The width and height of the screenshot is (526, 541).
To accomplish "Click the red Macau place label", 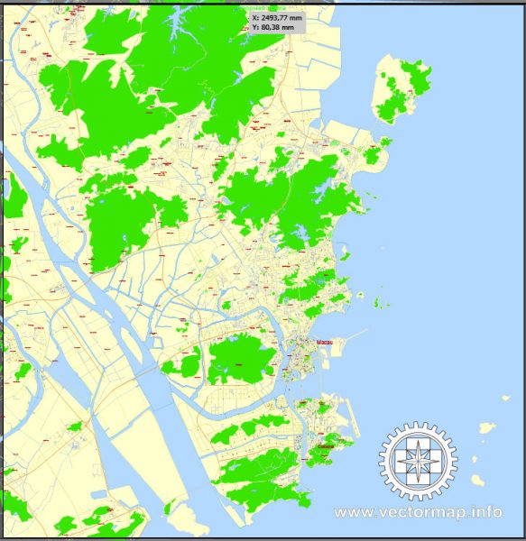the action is pyautogui.click(x=326, y=343).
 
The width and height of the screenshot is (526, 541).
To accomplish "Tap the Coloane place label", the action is pyautogui.click(x=327, y=446).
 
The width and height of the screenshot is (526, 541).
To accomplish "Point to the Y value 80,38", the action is pyautogui.click(x=272, y=27).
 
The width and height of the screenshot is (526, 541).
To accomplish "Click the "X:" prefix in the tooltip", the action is pyautogui.click(x=255, y=16).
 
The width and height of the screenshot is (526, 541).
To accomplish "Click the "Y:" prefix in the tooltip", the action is pyautogui.click(x=255, y=27).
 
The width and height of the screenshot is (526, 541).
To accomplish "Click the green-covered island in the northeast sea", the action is pyautogui.click(x=402, y=88).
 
